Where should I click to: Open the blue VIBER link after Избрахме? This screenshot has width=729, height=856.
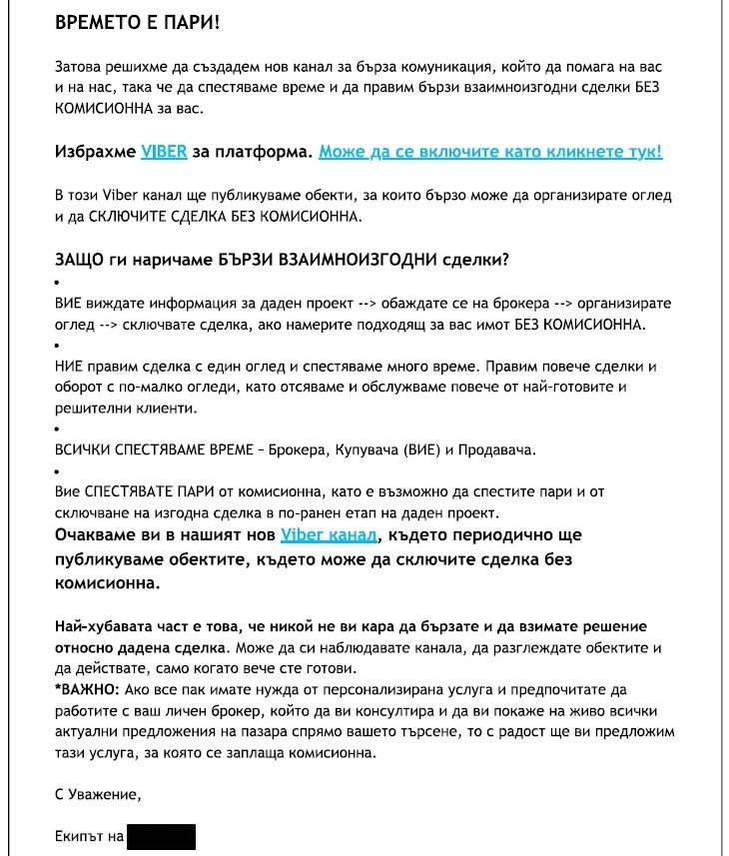pos(164,152)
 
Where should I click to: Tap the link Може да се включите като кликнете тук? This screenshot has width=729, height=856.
pos(489,152)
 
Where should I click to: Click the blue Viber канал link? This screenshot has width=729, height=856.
pos(330,536)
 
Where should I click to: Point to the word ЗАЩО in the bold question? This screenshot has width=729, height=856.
pos(80,260)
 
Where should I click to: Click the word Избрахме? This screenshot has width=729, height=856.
pos(95,152)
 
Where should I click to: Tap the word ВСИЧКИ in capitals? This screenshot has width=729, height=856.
pos(82,449)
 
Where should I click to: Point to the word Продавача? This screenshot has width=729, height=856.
pos(497,449)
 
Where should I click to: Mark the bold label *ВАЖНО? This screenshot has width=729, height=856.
pos(86,690)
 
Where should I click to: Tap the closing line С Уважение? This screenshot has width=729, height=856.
pos(98,795)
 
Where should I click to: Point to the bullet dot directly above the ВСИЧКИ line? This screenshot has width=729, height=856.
pos(57,428)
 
